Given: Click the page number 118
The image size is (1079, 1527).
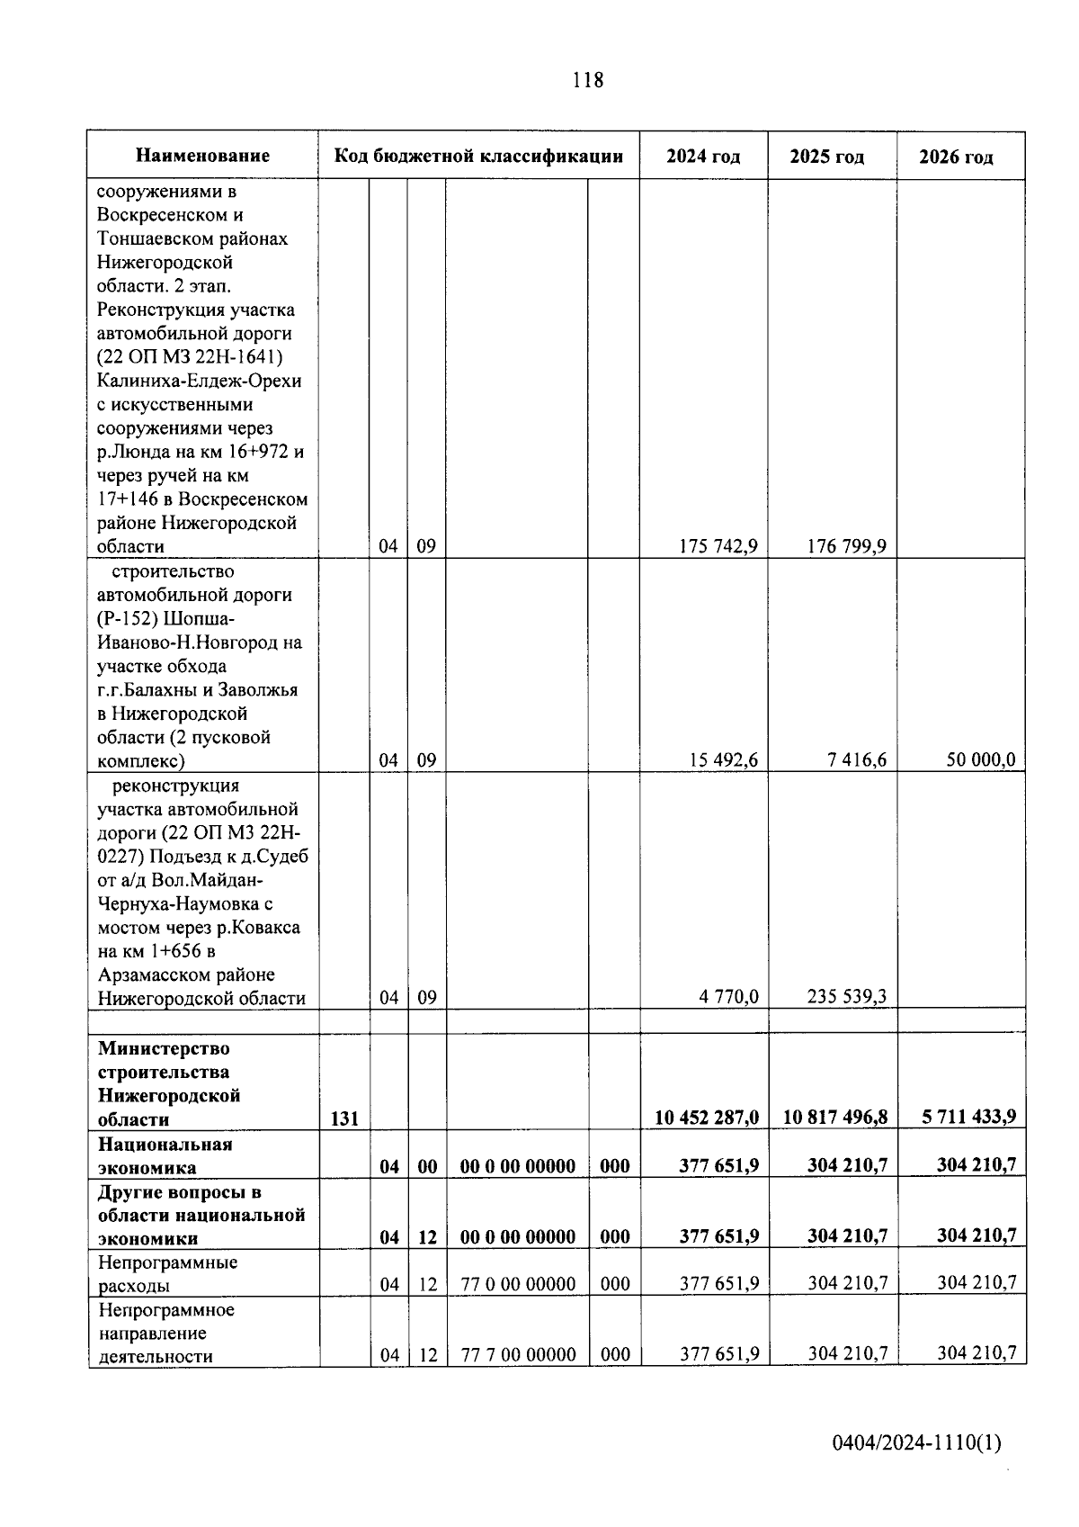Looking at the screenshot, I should click(587, 80).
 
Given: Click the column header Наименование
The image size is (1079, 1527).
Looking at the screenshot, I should click(202, 156).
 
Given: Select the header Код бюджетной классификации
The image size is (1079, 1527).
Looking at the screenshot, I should click(478, 156).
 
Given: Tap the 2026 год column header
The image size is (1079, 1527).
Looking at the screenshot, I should click(956, 157).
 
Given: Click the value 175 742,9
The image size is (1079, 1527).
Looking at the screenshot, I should click(718, 546).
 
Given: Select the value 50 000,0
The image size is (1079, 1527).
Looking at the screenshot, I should click(980, 759).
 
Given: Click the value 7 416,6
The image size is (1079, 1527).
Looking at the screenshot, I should click(857, 759).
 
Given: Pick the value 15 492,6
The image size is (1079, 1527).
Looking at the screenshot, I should click(723, 759).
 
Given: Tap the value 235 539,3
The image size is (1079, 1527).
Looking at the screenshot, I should click(846, 996).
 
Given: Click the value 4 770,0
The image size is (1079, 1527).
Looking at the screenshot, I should click(728, 996).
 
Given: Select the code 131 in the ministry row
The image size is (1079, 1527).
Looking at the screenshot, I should click(344, 1118).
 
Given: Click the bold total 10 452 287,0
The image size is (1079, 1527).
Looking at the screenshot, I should click(706, 1117).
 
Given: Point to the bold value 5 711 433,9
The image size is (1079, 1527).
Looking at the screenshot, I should click(968, 1117).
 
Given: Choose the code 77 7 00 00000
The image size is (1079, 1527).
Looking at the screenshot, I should click(518, 1354).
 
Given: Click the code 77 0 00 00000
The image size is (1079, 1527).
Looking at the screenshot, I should click(518, 1284).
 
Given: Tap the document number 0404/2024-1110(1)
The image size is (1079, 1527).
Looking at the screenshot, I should click(916, 1443).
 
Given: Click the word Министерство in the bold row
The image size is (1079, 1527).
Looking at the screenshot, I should click(164, 1048).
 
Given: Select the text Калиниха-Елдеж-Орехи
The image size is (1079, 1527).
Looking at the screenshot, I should click(199, 381).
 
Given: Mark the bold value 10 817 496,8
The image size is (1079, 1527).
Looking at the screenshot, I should click(835, 1117).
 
